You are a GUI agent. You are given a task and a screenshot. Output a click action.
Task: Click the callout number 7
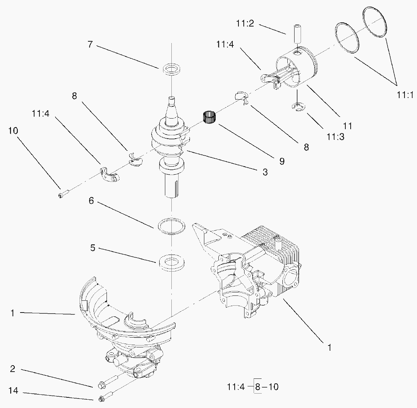click(90, 44)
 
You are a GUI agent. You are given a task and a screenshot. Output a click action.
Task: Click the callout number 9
click(282, 161)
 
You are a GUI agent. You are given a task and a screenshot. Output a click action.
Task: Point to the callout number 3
click(265, 172)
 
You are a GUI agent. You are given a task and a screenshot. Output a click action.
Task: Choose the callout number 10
click(13, 130)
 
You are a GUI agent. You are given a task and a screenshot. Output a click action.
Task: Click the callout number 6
click(91, 201)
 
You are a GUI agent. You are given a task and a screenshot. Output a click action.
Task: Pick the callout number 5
click(92, 248)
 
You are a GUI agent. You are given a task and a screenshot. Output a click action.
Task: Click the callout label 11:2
click(245, 23)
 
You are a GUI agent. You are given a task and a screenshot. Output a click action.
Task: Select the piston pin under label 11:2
click(297, 34)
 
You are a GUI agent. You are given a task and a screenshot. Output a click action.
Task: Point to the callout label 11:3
click(335, 137)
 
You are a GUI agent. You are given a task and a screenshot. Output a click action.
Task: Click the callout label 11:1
click(405, 95)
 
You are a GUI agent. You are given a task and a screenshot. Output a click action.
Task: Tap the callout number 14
click(13, 391)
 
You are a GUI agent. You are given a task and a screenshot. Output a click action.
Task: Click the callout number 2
click(13, 369)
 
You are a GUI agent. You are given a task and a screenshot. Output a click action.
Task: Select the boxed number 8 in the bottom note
click(257, 386)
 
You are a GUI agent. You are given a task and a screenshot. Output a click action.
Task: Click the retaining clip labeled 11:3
click(299, 107)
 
